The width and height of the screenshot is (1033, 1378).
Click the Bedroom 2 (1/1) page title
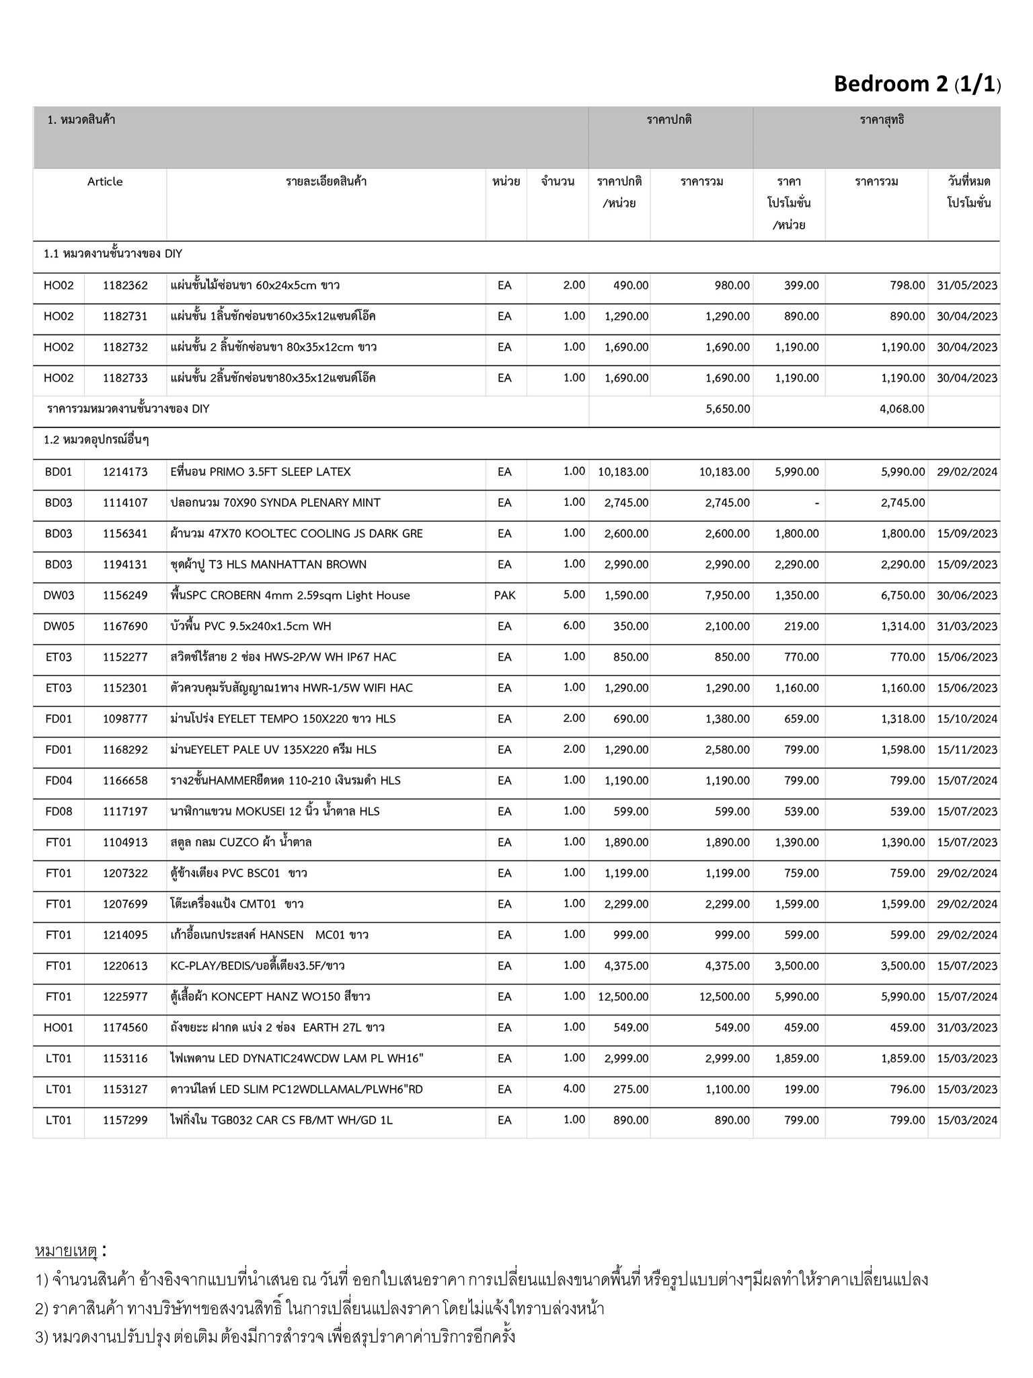pyautogui.click(x=917, y=84)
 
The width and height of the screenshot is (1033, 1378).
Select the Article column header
pyautogui.click(x=105, y=182)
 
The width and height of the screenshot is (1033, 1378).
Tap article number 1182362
pyautogui.click(x=125, y=285)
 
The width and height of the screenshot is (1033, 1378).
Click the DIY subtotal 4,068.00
pyautogui.click(x=901, y=409)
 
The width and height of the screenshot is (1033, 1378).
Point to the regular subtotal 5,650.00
pyautogui.click(x=728, y=409)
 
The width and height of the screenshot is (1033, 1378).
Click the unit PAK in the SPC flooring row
pyautogui.click(x=504, y=595)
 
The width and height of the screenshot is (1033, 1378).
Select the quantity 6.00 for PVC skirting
pyautogui.click(x=574, y=626)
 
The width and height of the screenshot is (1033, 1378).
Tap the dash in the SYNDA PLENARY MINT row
pyautogui.click(x=816, y=503)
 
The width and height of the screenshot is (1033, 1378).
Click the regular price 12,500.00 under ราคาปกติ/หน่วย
pyautogui.click(x=623, y=996)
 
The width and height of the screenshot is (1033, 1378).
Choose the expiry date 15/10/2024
pyautogui.click(x=966, y=719)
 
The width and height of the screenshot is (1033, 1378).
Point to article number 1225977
pyautogui.click(x=125, y=996)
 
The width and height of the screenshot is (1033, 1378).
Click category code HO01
pyautogui.click(x=59, y=1027)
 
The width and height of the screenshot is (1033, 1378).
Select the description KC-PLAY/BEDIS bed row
pyautogui.click(x=258, y=966)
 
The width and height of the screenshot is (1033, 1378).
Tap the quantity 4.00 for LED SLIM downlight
pyautogui.click(x=574, y=1089)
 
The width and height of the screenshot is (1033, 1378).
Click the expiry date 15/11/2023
pyautogui.click(x=966, y=750)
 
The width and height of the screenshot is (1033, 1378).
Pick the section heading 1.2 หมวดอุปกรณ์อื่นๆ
pyautogui.click(x=96, y=440)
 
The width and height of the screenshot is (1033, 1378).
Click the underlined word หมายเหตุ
pyautogui.click(x=66, y=1252)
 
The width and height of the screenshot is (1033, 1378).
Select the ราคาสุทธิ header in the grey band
pyautogui.click(x=882, y=120)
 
